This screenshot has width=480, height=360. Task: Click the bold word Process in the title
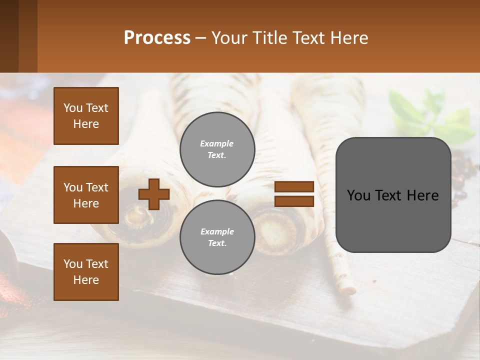tap(157, 38)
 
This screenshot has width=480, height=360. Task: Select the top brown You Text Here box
tap(86, 116)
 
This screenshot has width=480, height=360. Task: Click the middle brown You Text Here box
tap(86, 195)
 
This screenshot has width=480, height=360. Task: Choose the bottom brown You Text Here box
tap(86, 272)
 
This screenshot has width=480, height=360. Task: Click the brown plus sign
tap(154, 194)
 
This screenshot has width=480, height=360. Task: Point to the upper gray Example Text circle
tap(217, 149)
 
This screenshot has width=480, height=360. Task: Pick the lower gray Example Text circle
tap(217, 237)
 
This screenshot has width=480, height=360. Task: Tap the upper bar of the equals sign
tap(294, 187)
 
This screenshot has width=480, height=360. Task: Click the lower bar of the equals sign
tap(294, 201)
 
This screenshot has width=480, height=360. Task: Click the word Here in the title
tap(349, 38)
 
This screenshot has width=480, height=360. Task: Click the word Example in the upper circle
tap(216, 144)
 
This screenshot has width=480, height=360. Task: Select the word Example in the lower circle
tap(217, 232)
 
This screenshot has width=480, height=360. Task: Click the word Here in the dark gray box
tap(422, 195)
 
